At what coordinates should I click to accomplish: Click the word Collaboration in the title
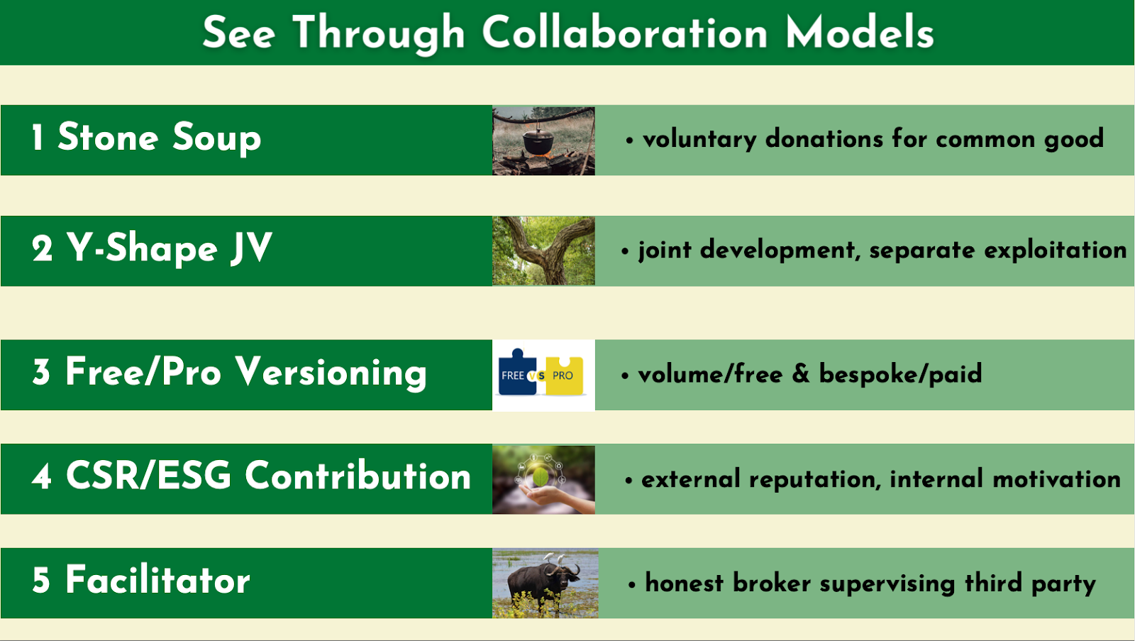pyautogui.click(x=624, y=33)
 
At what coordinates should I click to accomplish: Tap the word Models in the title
pyautogui.click(x=860, y=33)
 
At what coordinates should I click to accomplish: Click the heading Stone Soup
pyautogui.click(x=159, y=138)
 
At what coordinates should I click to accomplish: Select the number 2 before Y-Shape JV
pyautogui.click(x=42, y=249)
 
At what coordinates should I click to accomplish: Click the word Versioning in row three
pyautogui.click(x=331, y=373)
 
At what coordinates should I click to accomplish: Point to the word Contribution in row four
pyautogui.click(x=358, y=476)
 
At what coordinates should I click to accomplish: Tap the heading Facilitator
pyautogui.click(x=157, y=580)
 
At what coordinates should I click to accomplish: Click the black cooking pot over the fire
pyautogui.click(x=538, y=141)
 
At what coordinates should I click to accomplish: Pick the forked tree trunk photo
pyautogui.click(x=543, y=251)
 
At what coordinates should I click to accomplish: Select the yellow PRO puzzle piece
pyautogui.click(x=565, y=376)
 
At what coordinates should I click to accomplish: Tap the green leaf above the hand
pyautogui.click(x=540, y=477)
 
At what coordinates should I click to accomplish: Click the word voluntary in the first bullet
pyautogui.click(x=699, y=139)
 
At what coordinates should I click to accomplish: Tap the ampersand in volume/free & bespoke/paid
pyautogui.click(x=801, y=374)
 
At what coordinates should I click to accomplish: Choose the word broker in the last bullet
pyautogui.click(x=772, y=584)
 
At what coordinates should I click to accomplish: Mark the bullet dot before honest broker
pyautogui.click(x=631, y=585)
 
